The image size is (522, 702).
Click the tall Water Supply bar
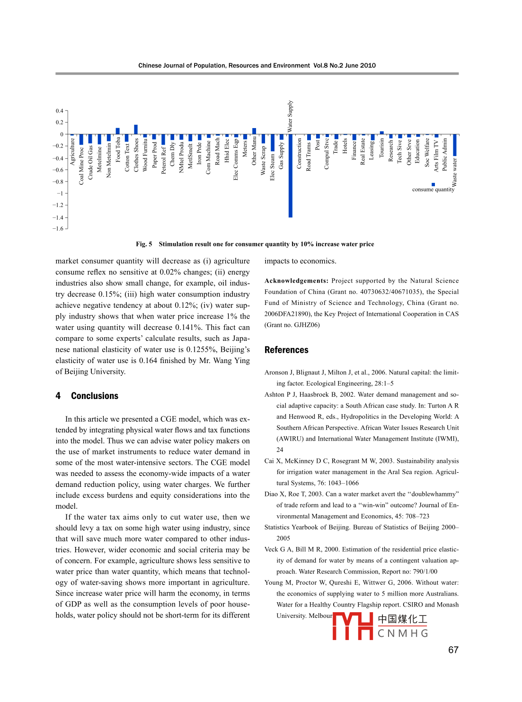click(290, 176)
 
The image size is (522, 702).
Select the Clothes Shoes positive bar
click(136, 130)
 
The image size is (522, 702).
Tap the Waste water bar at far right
click(455, 145)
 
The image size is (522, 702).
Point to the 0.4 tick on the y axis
click(59, 111)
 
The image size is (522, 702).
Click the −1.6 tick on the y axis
click(58, 229)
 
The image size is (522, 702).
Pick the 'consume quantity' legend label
click(433, 190)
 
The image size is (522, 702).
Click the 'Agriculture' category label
click(72, 151)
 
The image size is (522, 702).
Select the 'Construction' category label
click(299, 153)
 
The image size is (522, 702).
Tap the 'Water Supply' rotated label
click(290, 116)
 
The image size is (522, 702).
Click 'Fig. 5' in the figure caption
click(144, 244)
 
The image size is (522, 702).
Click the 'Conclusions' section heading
click(95, 396)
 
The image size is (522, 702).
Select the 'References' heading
click(286, 350)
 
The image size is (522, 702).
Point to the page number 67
click(453, 650)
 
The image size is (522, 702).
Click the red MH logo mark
click(353, 626)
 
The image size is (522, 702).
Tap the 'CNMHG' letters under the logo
click(403, 633)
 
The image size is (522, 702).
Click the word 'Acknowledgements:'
click(296, 281)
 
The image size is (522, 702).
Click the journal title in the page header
click(224, 66)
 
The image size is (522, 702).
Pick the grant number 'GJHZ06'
click(307, 325)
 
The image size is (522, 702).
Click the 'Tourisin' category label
click(381, 148)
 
